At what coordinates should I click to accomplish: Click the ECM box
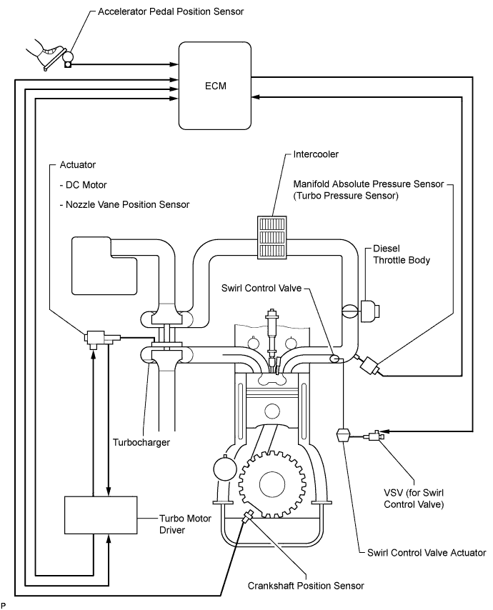tap(215, 86)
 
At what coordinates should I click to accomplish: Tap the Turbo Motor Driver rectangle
tap(101, 515)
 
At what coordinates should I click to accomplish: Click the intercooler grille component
tap(272, 237)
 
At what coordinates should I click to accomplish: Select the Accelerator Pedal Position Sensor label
tap(171, 11)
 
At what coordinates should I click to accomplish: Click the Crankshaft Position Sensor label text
tap(306, 586)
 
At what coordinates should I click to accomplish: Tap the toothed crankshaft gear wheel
tap(272, 484)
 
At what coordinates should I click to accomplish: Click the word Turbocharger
tap(141, 442)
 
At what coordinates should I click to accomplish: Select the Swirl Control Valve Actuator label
tap(427, 552)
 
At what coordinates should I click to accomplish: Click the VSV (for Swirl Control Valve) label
tap(414, 499)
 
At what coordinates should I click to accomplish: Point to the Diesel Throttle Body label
tap(402, 254)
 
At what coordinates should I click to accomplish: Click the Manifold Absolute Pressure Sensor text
tap(369, 184)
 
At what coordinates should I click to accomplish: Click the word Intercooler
tap(316, 154)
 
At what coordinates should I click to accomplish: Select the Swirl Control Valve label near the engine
tap(262, 288)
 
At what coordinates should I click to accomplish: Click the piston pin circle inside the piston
tap(272, 411)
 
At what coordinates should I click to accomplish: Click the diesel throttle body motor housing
tap(369, 311)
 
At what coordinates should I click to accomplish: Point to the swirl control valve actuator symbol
tap(343, 434)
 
